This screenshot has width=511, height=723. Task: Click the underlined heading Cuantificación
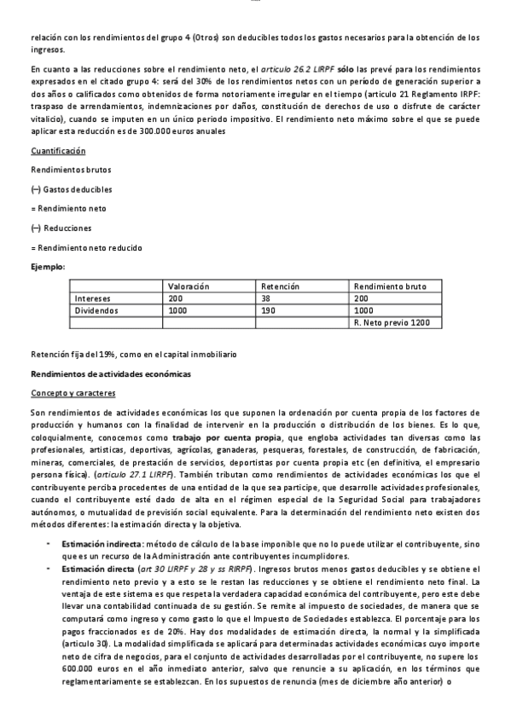coord(58,151)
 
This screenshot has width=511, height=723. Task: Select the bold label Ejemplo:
coord(47,267)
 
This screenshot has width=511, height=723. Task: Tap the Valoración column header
coord(189,286)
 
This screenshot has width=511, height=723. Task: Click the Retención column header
coord(281,286)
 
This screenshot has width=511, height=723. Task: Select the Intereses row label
coord(92,299)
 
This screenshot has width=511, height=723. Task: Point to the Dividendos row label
coord(96,311)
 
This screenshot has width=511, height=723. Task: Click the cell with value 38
coord(266,299)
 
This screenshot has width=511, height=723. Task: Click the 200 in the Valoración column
coord(175,299)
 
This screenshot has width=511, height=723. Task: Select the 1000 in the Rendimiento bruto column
coord(363,311)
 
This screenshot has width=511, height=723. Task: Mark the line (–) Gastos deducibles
coord(71,189)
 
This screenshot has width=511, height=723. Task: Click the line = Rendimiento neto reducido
coord(86,247)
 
